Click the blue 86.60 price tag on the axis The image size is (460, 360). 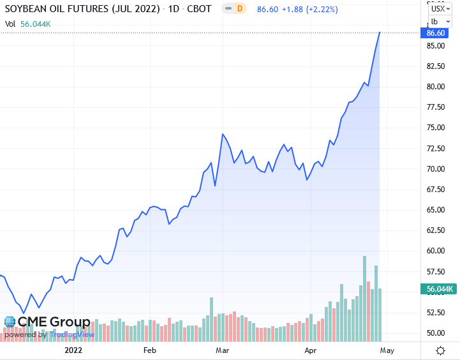click(x=436, y=33)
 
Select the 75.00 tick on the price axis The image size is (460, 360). click(x=435, y=128)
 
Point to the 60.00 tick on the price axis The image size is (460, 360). click(x=435, y=251)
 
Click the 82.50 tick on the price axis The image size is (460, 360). click(x=435, y=66)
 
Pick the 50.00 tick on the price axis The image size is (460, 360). click(x=435, y=333)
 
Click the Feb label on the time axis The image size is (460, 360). click(x=149, y=350)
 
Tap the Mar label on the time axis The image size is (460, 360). click(x=222, y=350)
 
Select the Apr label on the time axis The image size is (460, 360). click(x=311, y=350)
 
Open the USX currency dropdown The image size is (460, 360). click(x=440, y=8)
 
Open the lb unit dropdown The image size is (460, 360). click(x=440, y=21)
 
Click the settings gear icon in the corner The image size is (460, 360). click(x=440, y=350)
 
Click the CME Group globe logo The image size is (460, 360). click(x=10, y=322)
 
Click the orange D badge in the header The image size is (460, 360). click(x=239, y=9)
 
